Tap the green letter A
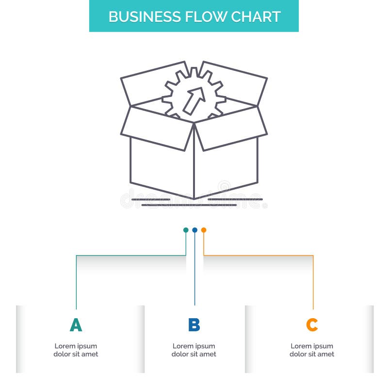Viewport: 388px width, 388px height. [x=76, y=325]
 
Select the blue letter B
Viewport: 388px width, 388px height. [x=194, y=325]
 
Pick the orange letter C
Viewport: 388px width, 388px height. [x=312, y=325]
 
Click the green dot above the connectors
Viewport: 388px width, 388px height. [x=186, y=230]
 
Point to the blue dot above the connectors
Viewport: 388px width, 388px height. [x=194, y=230]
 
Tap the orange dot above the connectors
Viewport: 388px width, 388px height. [x=204, y=230]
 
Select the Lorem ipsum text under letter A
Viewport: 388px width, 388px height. [x=76, y=350]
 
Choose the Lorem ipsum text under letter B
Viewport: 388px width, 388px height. [x=194, y=350]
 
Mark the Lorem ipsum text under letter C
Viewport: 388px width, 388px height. [x=312, y=350]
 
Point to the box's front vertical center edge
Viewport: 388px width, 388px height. [x=194, y=165]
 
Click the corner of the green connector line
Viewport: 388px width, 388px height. [x=76, y=256]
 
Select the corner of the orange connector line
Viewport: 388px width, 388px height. [x=313, y=256]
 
